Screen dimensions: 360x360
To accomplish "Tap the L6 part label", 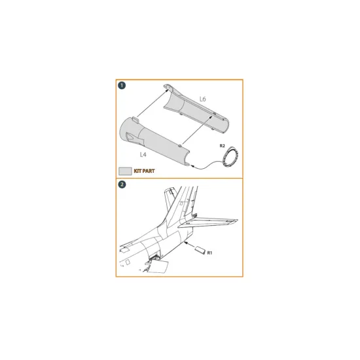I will click(x=202, y=99).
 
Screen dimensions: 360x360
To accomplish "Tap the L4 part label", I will click(x=143, y=154).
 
